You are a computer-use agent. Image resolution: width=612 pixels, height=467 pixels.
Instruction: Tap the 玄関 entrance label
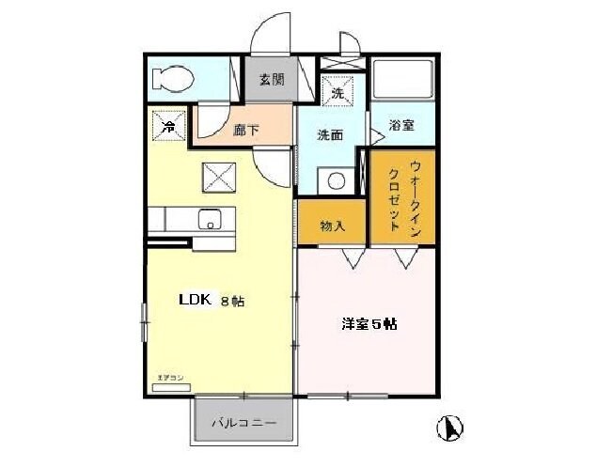tap(272, 80)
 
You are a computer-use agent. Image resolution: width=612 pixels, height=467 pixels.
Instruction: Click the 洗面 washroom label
tap(330, 135)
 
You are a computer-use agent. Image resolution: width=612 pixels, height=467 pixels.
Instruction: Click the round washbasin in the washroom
tap(331, 181)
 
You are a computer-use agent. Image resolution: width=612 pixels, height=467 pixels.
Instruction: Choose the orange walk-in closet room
tap(401, 197)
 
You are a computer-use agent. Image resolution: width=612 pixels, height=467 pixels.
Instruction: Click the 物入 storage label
tap(332, 226)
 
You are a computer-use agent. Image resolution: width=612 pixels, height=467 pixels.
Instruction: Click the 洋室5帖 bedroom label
tap(368, 324)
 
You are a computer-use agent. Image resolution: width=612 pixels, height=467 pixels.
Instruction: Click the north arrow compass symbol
tap(450, 428)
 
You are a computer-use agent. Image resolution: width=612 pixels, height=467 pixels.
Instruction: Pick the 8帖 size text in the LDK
tap(232, 302)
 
